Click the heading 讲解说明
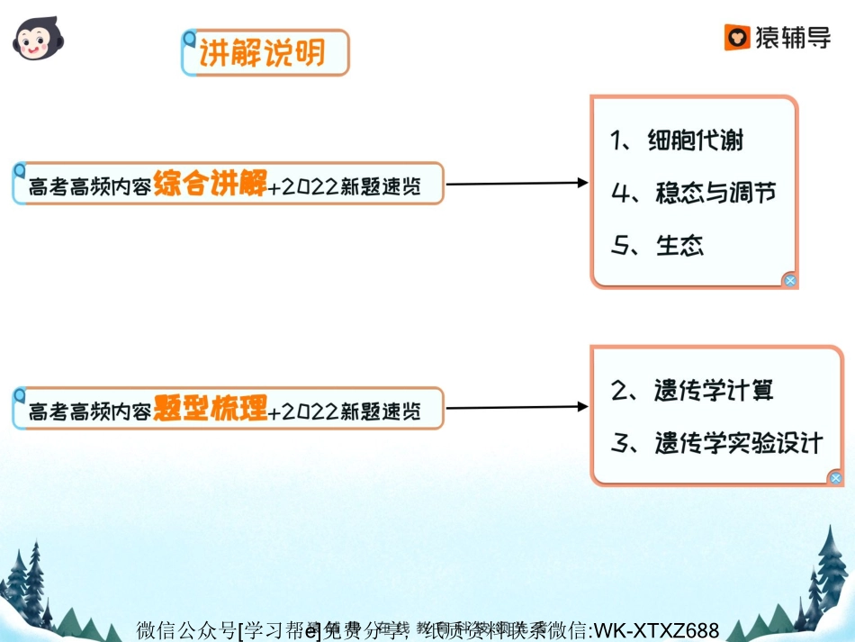click(x=262, y=54)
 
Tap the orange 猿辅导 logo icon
click(x=738, y=38)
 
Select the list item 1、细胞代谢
click(x=677, y=140)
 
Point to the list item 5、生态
click(x=657, y=245)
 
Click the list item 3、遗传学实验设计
click(x=716, y=442)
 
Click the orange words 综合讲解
click(x=210, y=184)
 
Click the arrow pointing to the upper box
click(x=517, y=184)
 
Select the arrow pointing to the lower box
click(x=517, y=408)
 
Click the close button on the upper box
click(x=789, y=280)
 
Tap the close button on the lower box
click(x=836, y=478)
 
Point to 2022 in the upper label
click(x=311, y=186)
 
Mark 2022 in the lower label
click(x=311, y=411)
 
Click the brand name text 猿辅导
click(x=793, y=38)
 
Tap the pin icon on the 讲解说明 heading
click(x=188, y=39)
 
